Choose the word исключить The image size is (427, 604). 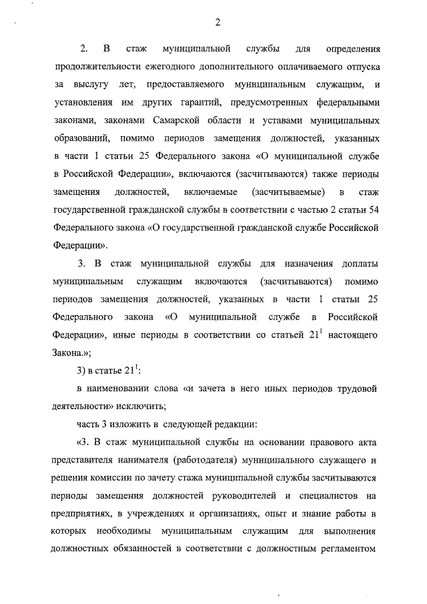click(141, 405)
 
